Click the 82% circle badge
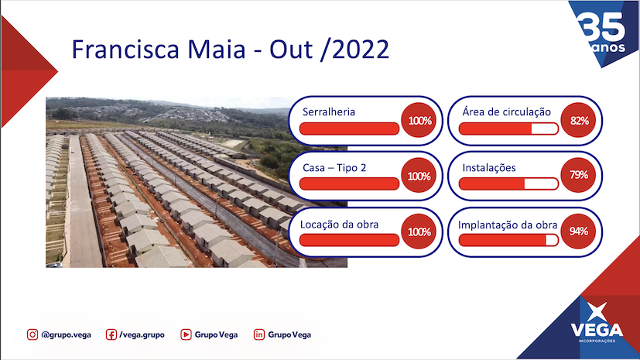coord(578,121)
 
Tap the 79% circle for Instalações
coord(578,175)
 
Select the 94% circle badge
coord(578,231)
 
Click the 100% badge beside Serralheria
coord(419,121)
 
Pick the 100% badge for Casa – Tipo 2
coord(419,176)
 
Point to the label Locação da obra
coord(339,225)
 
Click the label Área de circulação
coord(507,111)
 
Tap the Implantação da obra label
coord(508,225)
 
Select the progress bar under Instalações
coord(508,184)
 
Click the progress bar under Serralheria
coord(349,129)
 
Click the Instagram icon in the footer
coord(33,334)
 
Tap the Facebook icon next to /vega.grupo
coord(111,334)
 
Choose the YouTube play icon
coord(186,334)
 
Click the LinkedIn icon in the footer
coord(259,334)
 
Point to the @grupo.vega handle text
coord(66,335)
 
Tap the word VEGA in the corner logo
coord(597,330)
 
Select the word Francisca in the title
coord(125,50)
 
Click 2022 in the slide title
coord(360,50)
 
